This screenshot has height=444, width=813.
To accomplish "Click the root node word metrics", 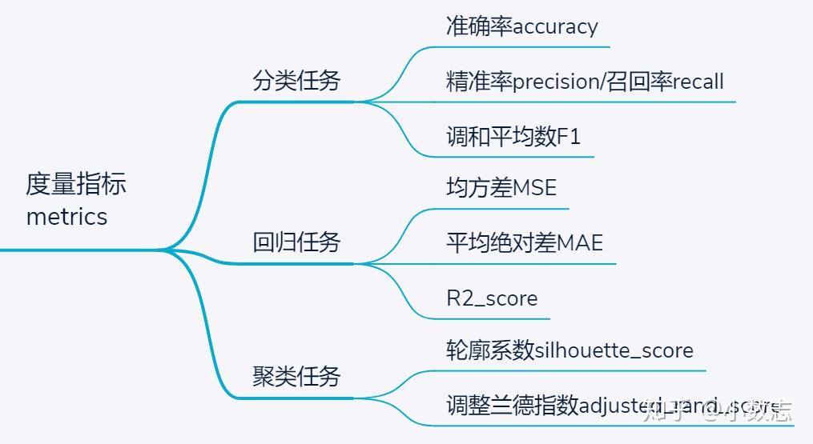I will coord(66,217).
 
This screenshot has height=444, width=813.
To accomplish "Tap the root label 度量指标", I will coord(76,184).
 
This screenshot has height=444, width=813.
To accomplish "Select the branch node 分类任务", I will coord(296,81).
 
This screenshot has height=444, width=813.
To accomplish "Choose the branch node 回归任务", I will coord(296,242).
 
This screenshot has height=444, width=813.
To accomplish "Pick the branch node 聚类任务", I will coord(296,376).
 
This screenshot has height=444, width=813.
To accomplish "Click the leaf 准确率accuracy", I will coord(521,26).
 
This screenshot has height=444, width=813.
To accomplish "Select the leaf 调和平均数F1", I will coord(513,136).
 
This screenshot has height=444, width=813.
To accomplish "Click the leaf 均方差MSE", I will coord(501,188).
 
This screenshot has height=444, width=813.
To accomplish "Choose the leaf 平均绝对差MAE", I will coord(524,242).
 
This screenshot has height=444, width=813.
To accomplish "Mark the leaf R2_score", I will coord(492,298).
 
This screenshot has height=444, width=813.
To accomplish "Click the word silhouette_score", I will coord(614,350).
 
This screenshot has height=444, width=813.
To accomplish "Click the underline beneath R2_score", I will coord(481,317).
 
